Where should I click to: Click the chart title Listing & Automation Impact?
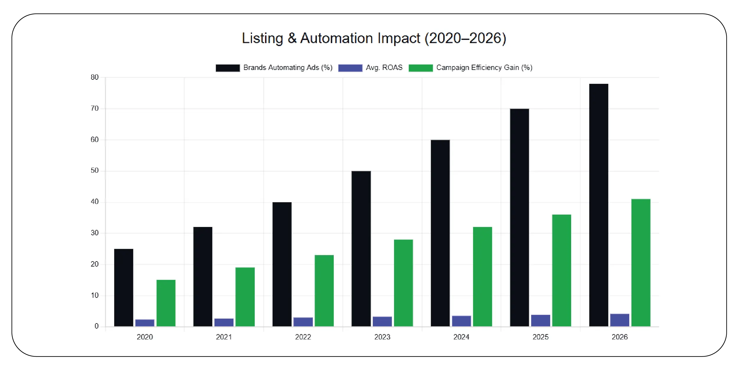pos(374,38)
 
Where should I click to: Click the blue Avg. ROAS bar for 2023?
pos(382,321)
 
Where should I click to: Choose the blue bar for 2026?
pos(620,320)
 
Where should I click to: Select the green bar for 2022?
pos(324,290)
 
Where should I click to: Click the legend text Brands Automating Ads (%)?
pos(288,68)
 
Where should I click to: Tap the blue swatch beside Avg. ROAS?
pos(350,68)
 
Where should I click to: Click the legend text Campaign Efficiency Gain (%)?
pos(484,68)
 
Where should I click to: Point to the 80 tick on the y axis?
pos(94,77)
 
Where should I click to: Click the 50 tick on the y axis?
pos(94,171)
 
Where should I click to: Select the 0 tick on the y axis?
pos(96,326)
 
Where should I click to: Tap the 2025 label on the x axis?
pos(540,337)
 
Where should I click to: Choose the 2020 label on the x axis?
pos(145,337)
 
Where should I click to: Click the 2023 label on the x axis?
pos(382,337)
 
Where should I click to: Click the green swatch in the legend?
pos(420,68)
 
